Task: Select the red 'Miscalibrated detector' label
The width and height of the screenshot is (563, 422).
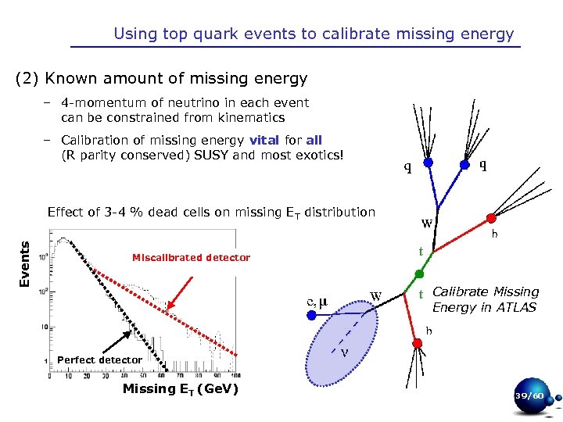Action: pos(191,258)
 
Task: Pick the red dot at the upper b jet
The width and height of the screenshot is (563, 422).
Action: pos(490,218)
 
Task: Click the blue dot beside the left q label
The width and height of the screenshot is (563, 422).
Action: pos(429,164)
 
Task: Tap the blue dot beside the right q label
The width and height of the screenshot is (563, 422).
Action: pos(464,165)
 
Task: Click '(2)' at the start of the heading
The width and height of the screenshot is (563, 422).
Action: pos(28,79)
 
